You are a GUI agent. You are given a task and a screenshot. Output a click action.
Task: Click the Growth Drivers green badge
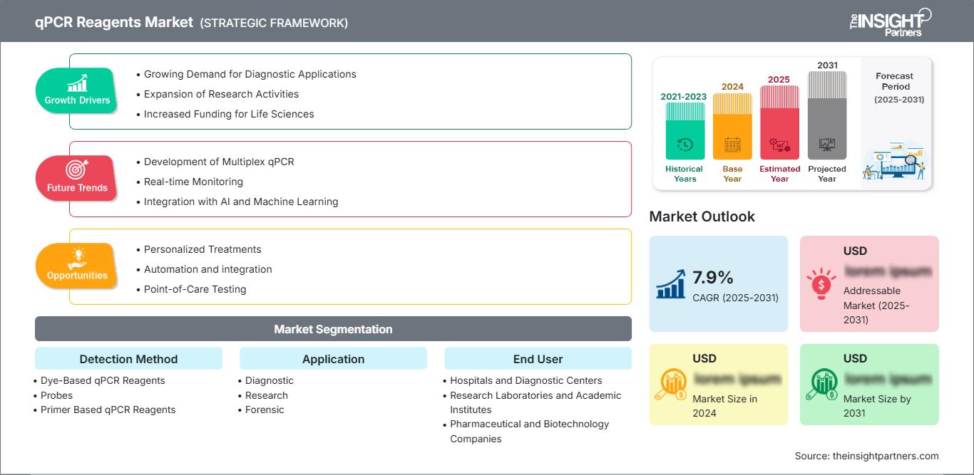click(x=77, y=90)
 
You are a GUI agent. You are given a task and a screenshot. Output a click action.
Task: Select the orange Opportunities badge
click(x=77, y=266)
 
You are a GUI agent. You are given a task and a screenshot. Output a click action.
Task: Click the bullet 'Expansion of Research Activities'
click(x=221, y=94)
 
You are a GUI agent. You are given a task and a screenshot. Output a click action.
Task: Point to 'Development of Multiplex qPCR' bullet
click(x=219, y=162)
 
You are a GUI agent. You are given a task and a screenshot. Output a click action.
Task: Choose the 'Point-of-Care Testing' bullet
click(x=195, y=289)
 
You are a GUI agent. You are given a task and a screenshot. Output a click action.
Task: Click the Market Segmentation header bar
click(x=333, y=329)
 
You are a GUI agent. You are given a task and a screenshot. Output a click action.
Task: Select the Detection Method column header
click(x=128, y=359)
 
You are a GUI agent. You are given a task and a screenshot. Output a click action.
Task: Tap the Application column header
click(x=333, y=359)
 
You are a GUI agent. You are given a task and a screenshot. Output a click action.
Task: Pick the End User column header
click(x=538, y=359)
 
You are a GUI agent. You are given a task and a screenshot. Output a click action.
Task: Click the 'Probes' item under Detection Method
click(x=56, y=395)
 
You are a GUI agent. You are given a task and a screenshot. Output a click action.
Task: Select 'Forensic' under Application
click(x=265, y=409)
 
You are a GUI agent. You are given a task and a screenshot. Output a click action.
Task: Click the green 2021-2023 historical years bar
click(x=685, y=132)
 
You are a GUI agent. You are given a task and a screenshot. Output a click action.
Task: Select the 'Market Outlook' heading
click(x=702, y=216)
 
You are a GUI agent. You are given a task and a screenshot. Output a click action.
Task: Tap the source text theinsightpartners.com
click(x=866, y=456)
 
